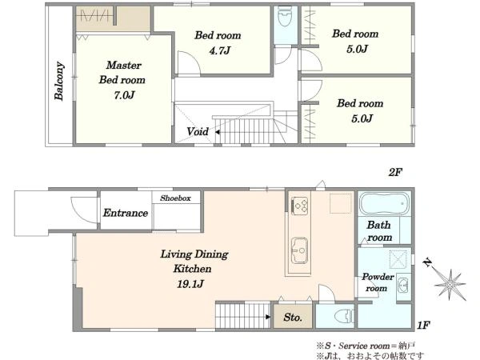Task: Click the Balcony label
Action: click(x=59, y=81)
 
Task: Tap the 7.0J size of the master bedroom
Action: click(x=124, y=95)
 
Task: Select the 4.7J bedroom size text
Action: click(x=219, y=50)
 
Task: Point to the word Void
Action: click(x=198, y=132)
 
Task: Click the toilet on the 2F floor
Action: click(x=285, y=16)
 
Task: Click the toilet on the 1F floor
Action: click(x=344, y=316)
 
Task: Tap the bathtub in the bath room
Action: click(x=384, y=203)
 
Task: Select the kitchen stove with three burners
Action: click(x=300, y=206)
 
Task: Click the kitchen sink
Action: click(x=299, y=250)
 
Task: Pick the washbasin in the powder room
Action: click(x=403, y=286)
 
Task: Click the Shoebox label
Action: click(x=175, y=198)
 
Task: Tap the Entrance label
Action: click(x=126, y=213)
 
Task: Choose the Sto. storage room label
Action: click(x=293, y=318)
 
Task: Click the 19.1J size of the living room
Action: click(x=190, y=284)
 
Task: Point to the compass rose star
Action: click(x=450, y=284)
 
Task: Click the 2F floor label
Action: click(x=395, y=173)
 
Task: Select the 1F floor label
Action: click(x=424, y=325)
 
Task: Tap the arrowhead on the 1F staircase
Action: click(x=268, y=317)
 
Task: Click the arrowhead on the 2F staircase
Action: click(x=217, y=132)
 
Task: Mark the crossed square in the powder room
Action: click(x=398, y=259)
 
